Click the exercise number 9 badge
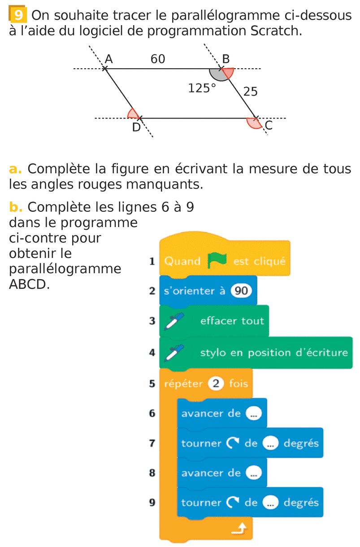coord(17,16)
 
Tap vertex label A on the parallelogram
coord(108,59)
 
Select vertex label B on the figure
coord(226,59)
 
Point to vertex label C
coord(268,126)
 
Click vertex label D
coord(136,128)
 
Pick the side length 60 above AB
coord(158,59)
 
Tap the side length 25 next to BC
coord(250,92)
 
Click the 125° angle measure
coord(202,88)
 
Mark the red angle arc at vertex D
coord(133,113)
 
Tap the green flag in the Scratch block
coord(217,260)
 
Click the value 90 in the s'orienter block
coord(241,291)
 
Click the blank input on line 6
coord(253,413)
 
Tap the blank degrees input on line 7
coord(271,443)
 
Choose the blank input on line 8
coord(253,473)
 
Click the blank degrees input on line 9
coord(271,503)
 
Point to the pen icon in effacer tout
coord(173,321)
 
